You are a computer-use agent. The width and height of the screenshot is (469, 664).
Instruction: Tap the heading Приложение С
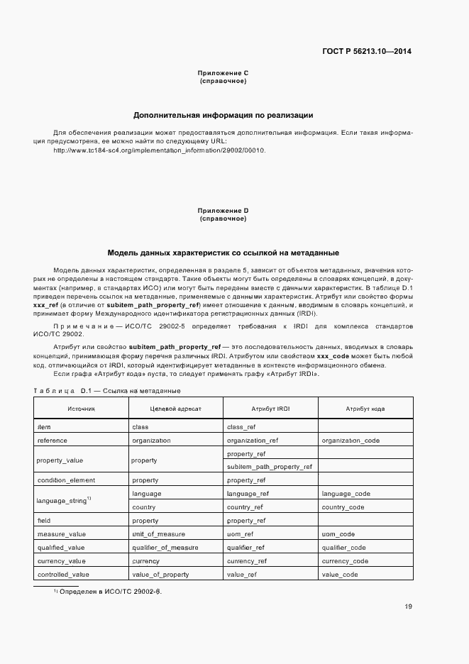(x=224, y=73)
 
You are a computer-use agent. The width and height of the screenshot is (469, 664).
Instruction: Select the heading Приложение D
(x=224, y=211)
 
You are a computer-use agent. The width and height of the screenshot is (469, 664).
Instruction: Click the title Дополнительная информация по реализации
(x=224, y=115)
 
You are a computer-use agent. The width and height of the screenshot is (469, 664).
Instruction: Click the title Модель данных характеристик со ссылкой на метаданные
(x=224, y=253)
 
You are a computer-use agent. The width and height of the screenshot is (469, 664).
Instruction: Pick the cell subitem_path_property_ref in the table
(x=269, y=467)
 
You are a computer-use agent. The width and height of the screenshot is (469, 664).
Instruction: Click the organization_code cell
(x=351, y=441)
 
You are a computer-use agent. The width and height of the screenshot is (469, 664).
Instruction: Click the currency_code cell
(x=345, y=560)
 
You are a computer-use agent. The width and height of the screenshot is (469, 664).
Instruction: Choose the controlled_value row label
(x=63, y=574)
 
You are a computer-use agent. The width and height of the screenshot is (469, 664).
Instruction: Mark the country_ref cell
(x=245, y=507)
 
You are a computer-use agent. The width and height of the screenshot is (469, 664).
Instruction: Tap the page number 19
(x=408, y=606)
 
